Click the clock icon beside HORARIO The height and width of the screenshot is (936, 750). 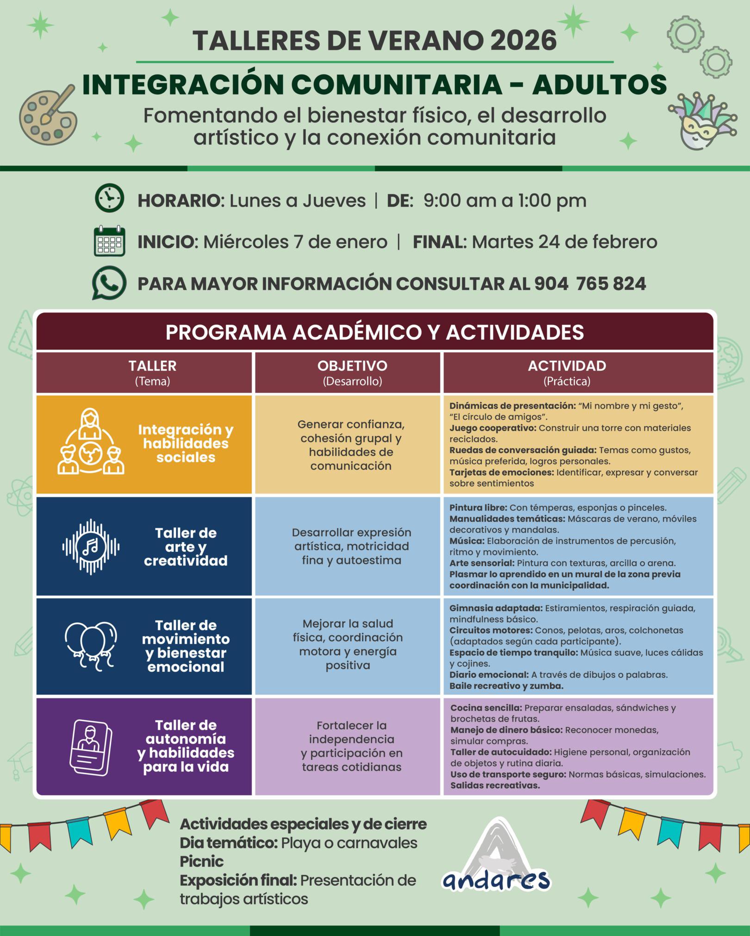[109, 198]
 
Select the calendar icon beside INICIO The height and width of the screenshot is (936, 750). [109, 241]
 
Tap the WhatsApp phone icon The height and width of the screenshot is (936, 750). [109, 283]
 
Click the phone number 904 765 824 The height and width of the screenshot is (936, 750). [590, 284]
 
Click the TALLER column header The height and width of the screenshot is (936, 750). [152, 372]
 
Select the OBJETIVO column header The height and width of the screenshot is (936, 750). [352, 372]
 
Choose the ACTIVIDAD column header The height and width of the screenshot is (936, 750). [567, 372]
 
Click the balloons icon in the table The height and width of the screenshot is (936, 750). [91, 646]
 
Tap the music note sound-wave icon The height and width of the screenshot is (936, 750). [91, 547]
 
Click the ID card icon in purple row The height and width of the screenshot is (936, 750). [91, 747]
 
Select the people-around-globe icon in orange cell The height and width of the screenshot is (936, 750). [91, 442]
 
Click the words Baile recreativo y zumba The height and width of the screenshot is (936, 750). [506, 686]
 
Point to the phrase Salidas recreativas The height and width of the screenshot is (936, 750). [495, 785]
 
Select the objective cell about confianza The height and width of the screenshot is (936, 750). [351, 445]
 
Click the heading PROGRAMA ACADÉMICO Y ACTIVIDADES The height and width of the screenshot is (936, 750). [375, 332]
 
